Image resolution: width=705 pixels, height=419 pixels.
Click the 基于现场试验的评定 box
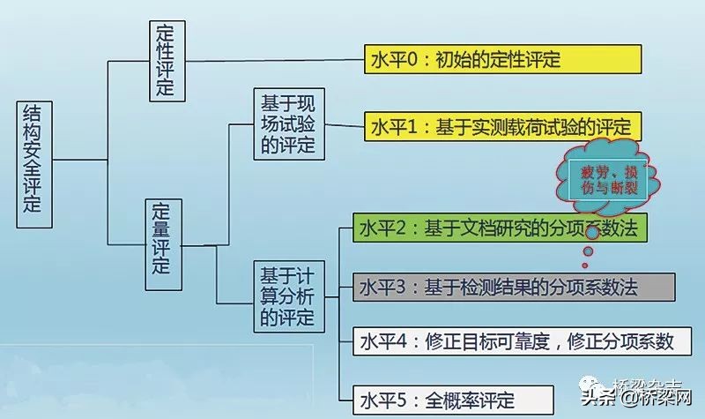tap(286, 123)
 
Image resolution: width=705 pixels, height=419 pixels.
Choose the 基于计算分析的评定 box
tap(286, 295)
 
